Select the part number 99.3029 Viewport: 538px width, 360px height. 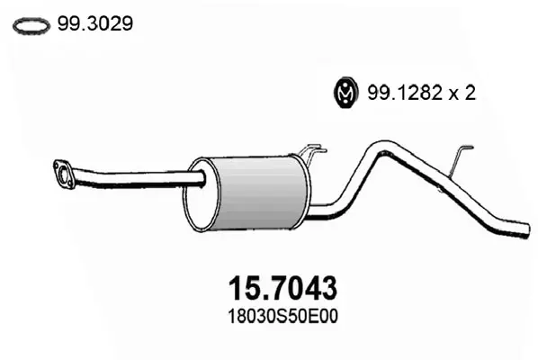point(95,24)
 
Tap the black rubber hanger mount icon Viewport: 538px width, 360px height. point(345,93)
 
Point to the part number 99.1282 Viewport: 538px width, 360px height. point(405,93)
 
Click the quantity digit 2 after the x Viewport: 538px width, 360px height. point(470,93)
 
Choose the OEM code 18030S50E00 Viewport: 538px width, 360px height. point(282,317)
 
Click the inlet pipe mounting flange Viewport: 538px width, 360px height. point(64,174)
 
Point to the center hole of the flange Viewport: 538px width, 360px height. point(64,174)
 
